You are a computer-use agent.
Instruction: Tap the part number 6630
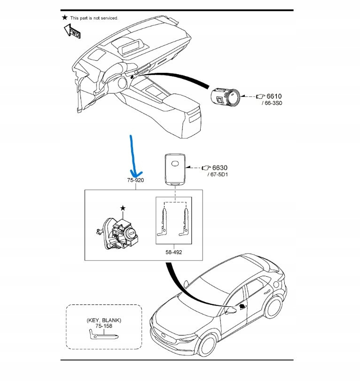pos(221,167)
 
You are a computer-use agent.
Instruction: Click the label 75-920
pos(135,180)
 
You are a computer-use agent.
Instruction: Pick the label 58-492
pos(173,252)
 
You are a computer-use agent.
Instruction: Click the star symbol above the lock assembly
pos(123,208)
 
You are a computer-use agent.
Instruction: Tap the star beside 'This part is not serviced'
pos(64,17)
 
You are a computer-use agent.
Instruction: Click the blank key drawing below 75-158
pos(103,335)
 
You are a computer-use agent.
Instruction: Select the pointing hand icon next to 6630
pos(205,167)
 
